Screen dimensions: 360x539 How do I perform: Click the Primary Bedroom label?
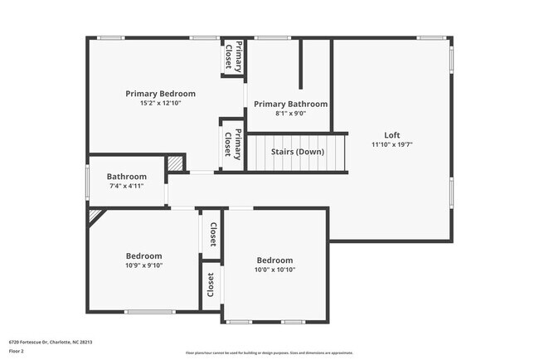pyautogui.click(x=160, y=94)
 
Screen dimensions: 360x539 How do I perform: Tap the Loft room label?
pyautogui.click(x=392, y=135)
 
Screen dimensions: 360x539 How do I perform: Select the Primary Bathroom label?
pyautogui.click(x=290, y=104)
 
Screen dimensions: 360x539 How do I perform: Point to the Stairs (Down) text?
pyautogui.click(x=297, y=151)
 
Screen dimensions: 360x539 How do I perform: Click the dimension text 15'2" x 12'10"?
pyautogui.click(x=160, y=103)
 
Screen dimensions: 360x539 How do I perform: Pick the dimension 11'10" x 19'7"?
pyautogui.click(x=392, y=144)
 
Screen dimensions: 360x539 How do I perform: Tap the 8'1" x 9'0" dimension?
pyautogui.click(x=290, y=113)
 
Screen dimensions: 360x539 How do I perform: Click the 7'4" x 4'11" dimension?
pyautogui.click(x=126, y=186)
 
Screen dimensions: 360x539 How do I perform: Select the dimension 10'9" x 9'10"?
pyautogui.click(x=143, y=265)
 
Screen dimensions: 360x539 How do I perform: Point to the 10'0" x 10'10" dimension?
pyautogui.click(x=274, y=270)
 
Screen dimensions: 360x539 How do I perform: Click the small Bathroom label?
pyautogui.click(x=126, y=177)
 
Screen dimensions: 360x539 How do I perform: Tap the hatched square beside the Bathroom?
pyautogui.click(x=176, y=163)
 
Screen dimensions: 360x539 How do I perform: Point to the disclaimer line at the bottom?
pyautogui.click(x=269, y=353)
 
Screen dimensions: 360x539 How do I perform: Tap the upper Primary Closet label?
pyautogui.click(x=235, y=56)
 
